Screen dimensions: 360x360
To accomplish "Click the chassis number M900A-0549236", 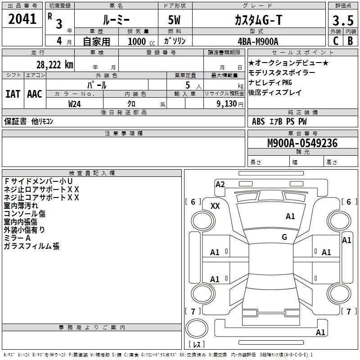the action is click(x=302, y=144).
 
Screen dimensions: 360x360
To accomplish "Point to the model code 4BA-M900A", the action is click(x=258, y=41).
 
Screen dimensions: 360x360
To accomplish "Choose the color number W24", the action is click(x=75, y=103).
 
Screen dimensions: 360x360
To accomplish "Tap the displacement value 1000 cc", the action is click(x=138, y=41).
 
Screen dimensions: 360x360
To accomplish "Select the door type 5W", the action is click(x=175, y=20).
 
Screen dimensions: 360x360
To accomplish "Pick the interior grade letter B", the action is click(x=350, y=41).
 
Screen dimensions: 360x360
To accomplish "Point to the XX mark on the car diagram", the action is click(x=215, y=206).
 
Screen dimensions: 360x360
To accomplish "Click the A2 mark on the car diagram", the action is click(x=220, y=184).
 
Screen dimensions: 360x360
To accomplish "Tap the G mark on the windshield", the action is click(x=284, y=237).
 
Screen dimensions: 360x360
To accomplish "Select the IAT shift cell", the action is click(x=13, y=94).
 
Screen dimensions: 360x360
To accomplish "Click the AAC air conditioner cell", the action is click(x=34, y=94).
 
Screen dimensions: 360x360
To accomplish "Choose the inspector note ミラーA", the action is click(x=17, y=238).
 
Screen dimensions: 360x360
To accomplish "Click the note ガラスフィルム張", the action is click(x=31, y=246).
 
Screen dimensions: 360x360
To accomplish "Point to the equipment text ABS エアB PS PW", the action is click(x=279, y=121).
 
